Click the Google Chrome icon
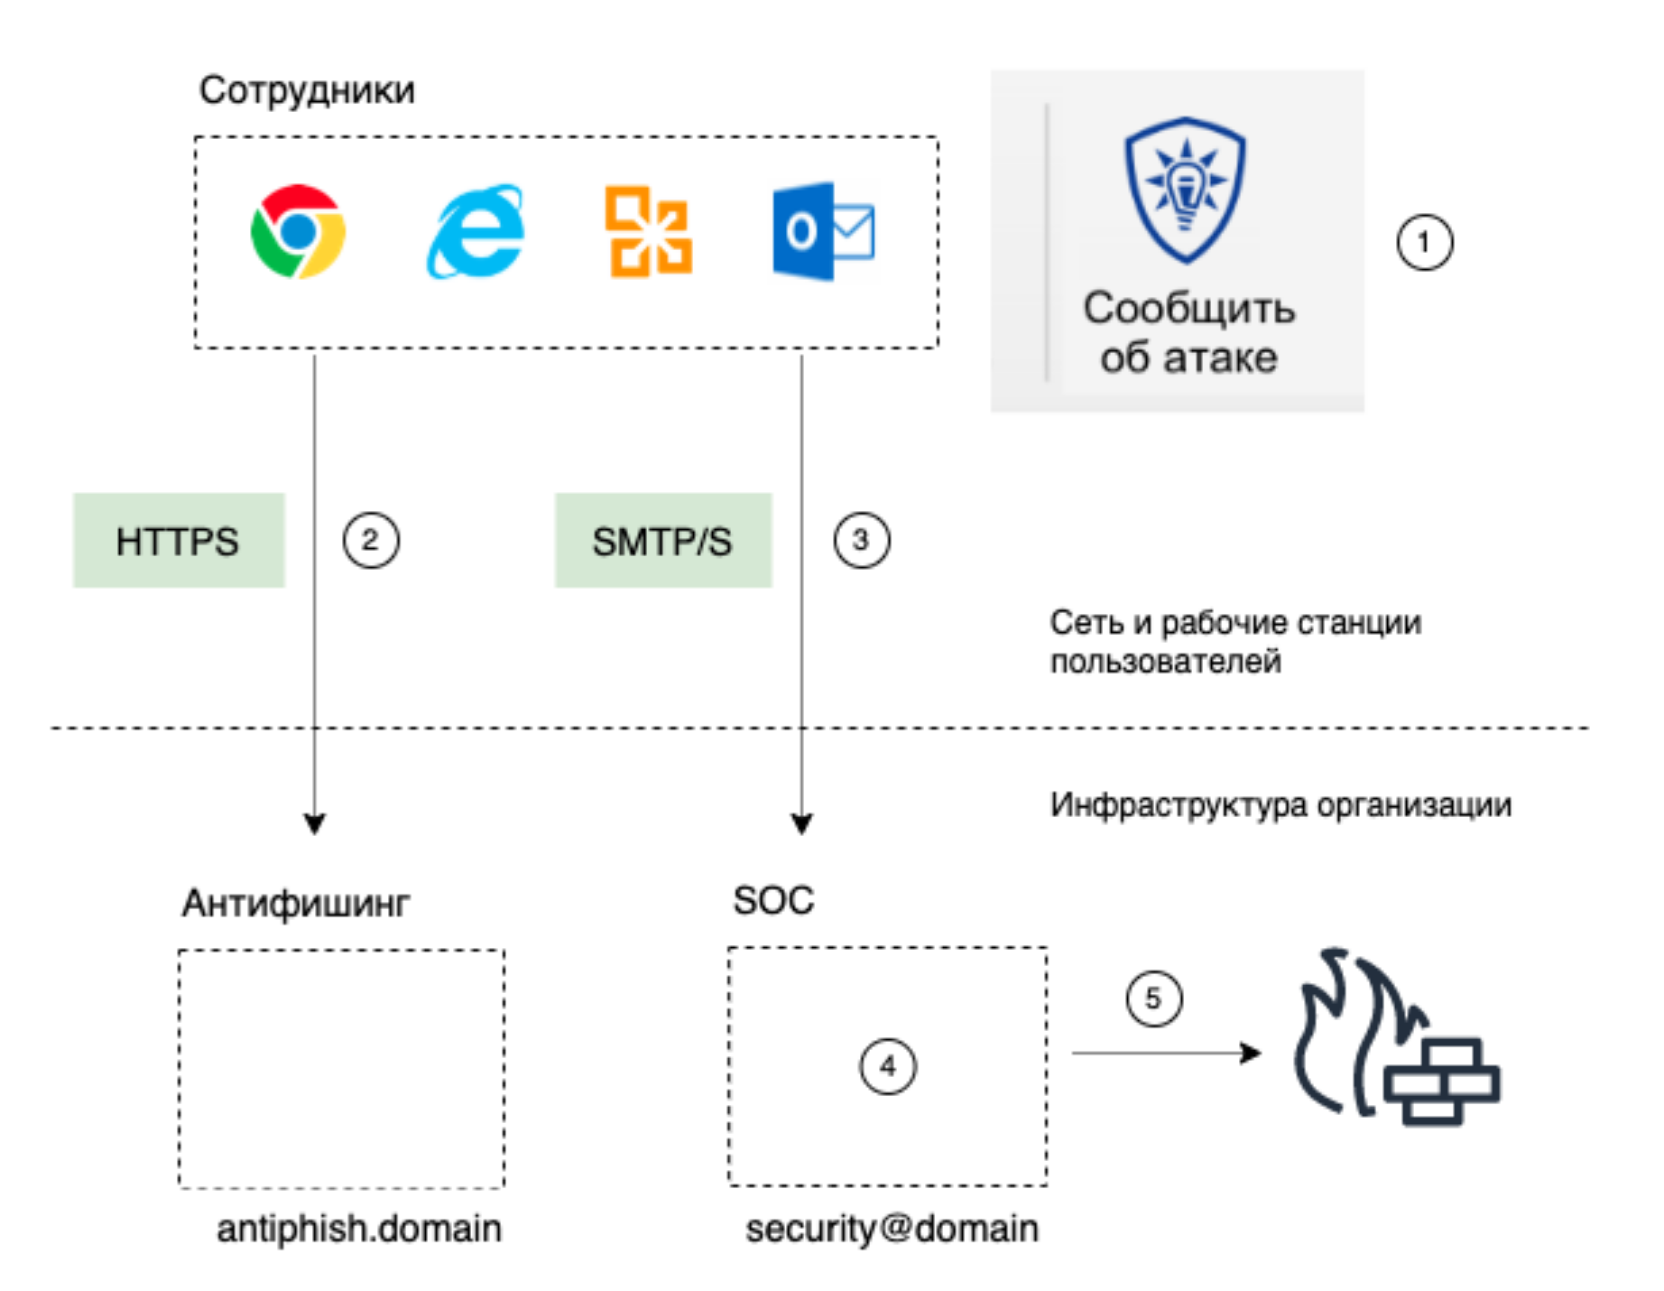coord(298,232)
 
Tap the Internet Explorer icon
coord(476,232)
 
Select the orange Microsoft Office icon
coord(648,231)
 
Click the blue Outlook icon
coord(822,231)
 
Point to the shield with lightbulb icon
coord(1185,190)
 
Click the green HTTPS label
coord(179,541)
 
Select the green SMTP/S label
coord(662,541)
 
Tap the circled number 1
coord(1424,242)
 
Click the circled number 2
coord(370,540)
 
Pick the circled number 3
coord(861,540)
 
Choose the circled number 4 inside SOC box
coord(888,1066)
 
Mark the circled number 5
coord(1153,998)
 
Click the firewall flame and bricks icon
coord(1394,1038)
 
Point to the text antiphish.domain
coord(359,1229)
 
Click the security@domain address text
coord(892,1229)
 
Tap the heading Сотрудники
coord(307,90)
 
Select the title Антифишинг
coord(296,903)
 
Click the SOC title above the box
coord(773,901)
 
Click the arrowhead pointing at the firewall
coord(1251,1053)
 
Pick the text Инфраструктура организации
coord(1280,804)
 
